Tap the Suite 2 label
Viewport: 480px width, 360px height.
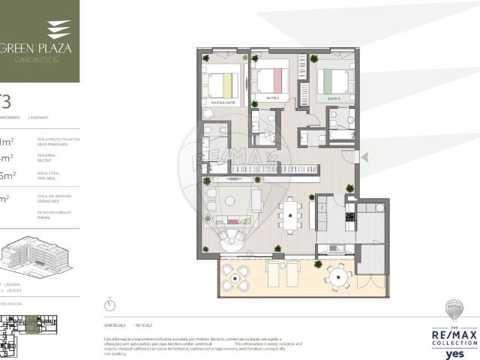272,98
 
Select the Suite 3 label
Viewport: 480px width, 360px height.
334,98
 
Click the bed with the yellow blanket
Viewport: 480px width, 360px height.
223,80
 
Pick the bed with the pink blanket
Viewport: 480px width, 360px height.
269,79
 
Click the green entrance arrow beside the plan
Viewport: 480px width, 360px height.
366,157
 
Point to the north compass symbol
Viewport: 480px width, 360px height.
110,305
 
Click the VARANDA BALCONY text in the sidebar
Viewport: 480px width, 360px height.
46,159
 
